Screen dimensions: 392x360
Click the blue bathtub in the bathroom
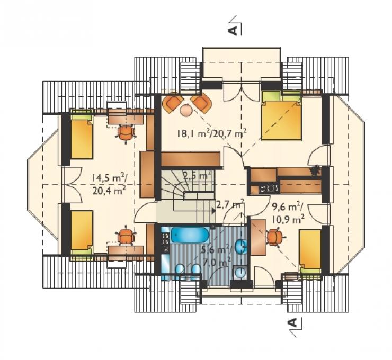(x=190, y=235)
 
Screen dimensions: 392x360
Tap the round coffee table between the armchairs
(x=186, y=110)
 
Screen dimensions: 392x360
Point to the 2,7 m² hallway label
(x=230, y=204)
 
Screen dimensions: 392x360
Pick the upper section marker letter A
(x=233, y=30)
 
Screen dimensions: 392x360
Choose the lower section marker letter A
(x=293, y=322)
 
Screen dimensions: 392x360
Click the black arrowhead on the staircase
(x=213, y=211)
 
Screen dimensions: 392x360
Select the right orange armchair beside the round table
(x=201, y=103)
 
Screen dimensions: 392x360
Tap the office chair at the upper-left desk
(x=126, y=133)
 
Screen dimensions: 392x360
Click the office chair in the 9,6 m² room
(x=276, y=237)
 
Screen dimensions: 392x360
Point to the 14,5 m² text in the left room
(x=109, y=178)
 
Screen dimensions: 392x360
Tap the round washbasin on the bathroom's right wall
(x=242, y=246)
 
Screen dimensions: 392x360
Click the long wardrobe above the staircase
(x=190, y=159)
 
